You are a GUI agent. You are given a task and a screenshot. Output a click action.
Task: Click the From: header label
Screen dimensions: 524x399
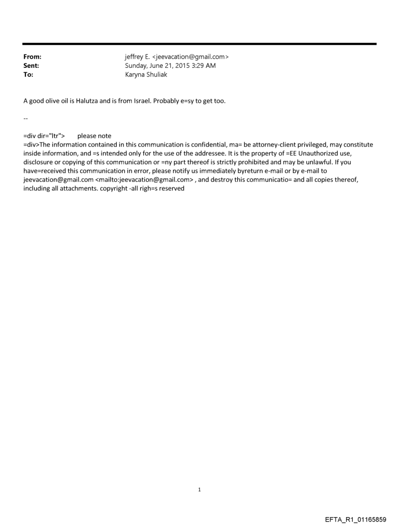(x=32, y=57)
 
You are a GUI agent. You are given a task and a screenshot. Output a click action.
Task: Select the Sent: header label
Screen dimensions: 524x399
(x=31, y=66)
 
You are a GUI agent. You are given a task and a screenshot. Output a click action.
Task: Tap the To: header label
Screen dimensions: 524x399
(x=28, y=75)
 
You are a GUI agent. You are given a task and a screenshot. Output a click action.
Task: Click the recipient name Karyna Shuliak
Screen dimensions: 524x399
(x=146, y=75)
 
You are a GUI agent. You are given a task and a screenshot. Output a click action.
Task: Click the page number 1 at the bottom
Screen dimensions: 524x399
(x=199, y=489)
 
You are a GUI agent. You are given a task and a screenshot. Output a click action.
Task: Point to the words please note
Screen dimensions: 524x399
(x=94, y=136)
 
